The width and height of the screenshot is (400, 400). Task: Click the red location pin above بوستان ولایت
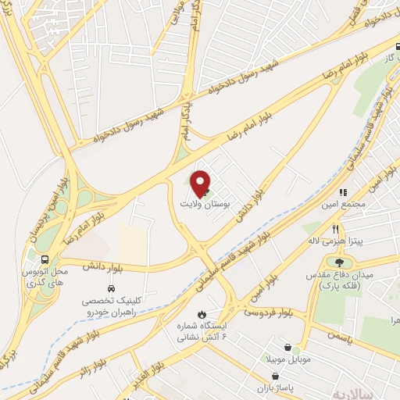pyautogui.click(x=201, y=183)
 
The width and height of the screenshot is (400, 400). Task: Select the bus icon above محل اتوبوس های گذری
pyautogui.click(x=45, y=259)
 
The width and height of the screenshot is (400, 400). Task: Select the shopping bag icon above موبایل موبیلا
pyautogui.click(x=289, y=347)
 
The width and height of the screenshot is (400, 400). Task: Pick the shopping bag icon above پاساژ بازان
pyautogui.click(x=273, y=376)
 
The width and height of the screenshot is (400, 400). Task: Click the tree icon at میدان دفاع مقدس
pyautogui.click(x=340, y=262)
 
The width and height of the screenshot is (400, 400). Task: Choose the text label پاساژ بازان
pyautogui.click(x=274, y=388)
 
